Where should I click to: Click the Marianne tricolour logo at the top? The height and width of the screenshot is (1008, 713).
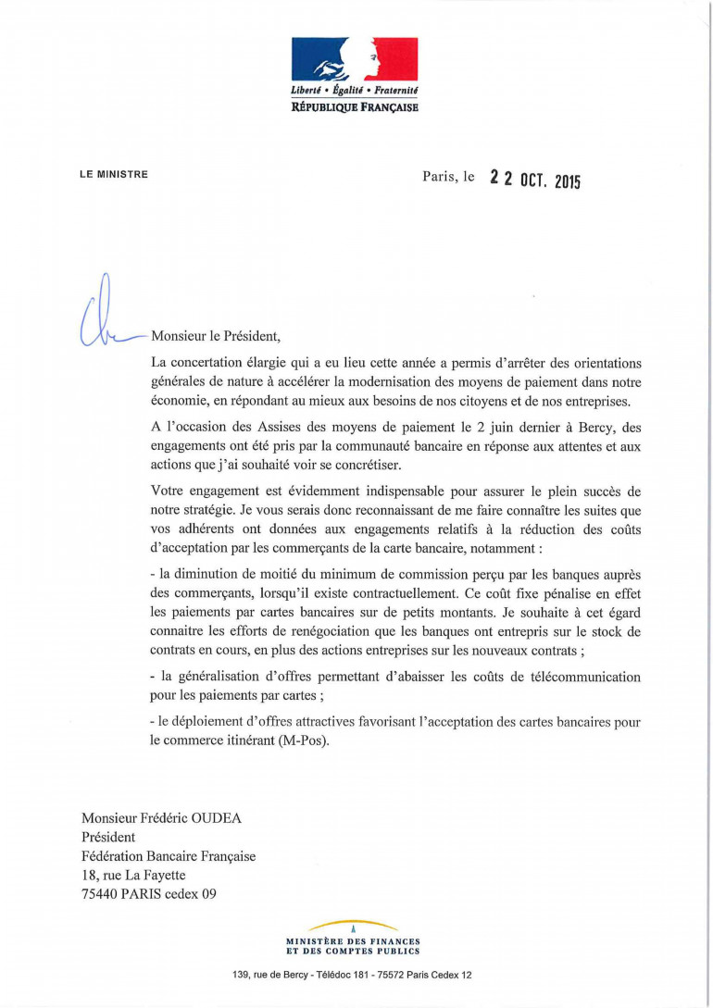pos(355,59)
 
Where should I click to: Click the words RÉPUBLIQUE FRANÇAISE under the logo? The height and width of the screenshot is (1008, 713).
pos(355,107)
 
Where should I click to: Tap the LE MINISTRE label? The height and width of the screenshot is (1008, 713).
pos(114,174)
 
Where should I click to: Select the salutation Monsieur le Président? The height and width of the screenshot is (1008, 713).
pos(219,336)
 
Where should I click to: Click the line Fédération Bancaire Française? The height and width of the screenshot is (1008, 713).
pos(169,856)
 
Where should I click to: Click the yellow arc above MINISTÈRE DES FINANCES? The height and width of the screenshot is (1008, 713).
pos(354,926)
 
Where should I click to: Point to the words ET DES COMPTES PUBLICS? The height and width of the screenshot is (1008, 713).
pos(354,951)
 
